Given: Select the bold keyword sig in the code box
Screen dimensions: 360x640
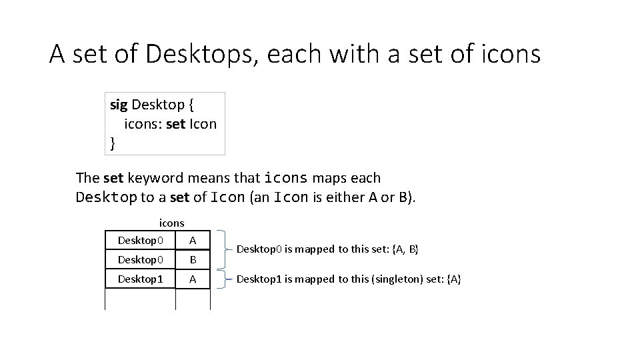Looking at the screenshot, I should pos(119,105).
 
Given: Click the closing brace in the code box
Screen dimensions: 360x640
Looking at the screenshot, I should pos(112,142).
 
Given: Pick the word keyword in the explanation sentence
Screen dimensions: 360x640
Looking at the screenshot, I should pos(155,178).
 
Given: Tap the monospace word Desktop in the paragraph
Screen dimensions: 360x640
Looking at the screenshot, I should pos(107,197).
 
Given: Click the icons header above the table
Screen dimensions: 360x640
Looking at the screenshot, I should pos(171,223).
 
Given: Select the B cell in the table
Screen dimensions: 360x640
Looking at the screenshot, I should pos(193,259).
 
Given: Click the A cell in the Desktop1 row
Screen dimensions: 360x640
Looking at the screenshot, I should pos(193,279).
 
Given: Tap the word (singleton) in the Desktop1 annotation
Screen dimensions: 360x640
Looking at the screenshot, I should pos(373,279).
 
